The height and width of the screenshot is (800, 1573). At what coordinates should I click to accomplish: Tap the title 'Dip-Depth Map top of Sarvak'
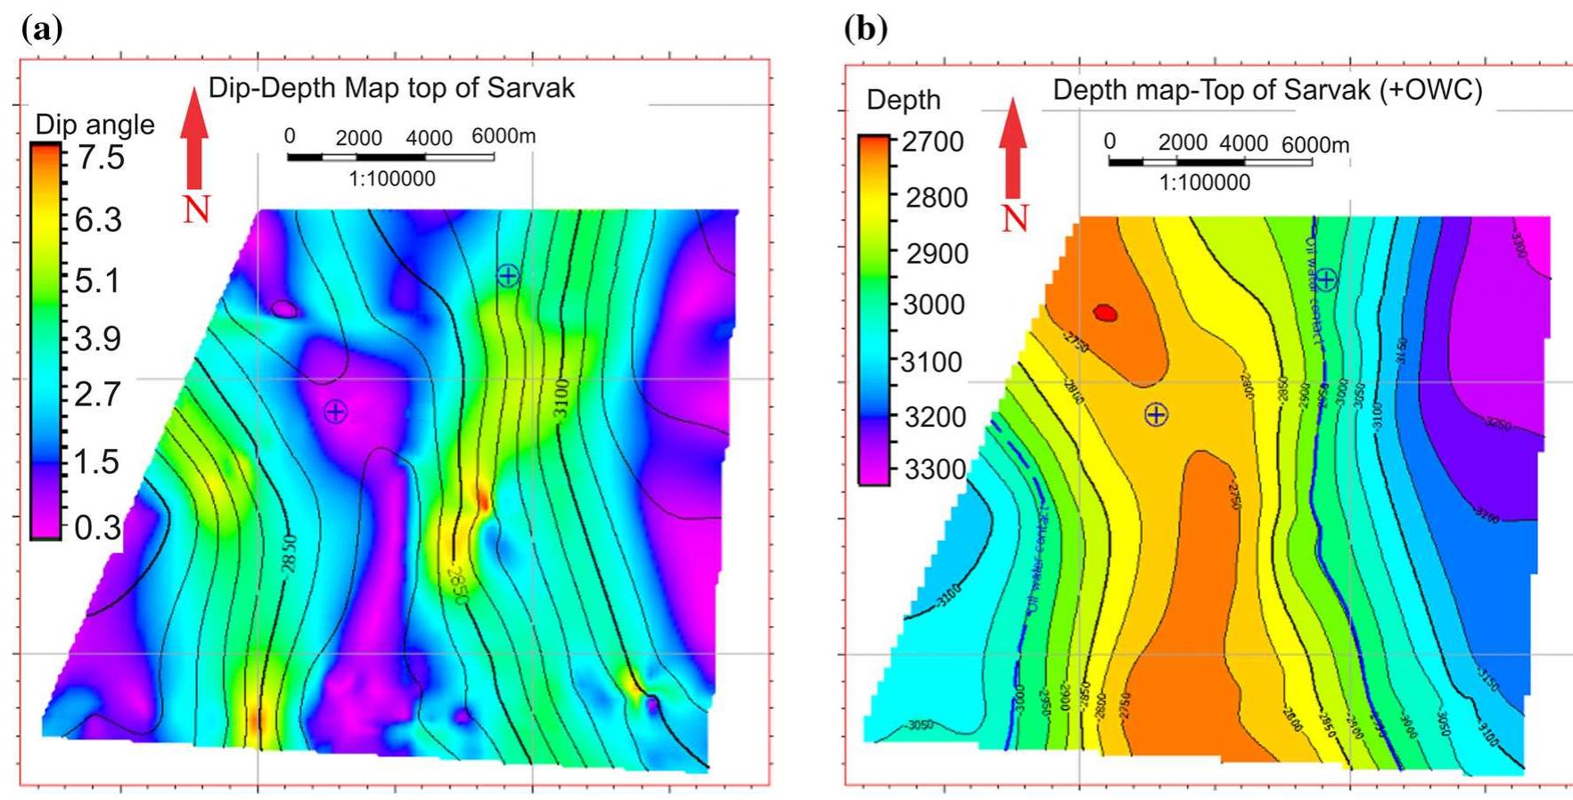pyautogui.click(x=391, y=87)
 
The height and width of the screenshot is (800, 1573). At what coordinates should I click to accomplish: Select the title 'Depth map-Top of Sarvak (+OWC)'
pyautogui.click(x=1267, y=90)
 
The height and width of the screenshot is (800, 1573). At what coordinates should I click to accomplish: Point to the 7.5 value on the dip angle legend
pyautogui.click(x=100, y=158)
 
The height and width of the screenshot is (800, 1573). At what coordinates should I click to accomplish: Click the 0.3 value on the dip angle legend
pyautogui.click(x=97, y=527)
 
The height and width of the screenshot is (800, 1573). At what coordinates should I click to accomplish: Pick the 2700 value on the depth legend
pyautogui.click(x=932, y=142)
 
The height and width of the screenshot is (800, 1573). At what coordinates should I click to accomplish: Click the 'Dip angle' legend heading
pyautogui.click(x=94, y=125)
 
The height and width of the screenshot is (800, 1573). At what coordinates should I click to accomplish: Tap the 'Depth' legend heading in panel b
pyautogui.click(x=903, y=100)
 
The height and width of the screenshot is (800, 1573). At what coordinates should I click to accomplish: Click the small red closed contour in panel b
pyautogui.click(x=1105, y=312)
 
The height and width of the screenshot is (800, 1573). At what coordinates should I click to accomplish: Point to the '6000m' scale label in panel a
pyautogui.click(x=504, y=136)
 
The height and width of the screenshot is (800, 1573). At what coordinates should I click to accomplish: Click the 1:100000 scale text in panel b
pyautogui.click(x=1204, y=183)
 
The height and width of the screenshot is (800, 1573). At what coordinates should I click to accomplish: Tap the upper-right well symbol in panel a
pyautogui.click(x=508, y=275)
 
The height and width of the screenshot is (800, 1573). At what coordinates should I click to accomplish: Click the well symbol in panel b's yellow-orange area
pyautogui.click(x=1156, y=414)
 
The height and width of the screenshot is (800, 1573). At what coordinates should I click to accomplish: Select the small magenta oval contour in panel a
pyautogui.click(x=284, y=309)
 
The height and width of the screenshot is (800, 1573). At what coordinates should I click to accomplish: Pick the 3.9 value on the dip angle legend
pyautogui.click(x=98, y=339)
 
